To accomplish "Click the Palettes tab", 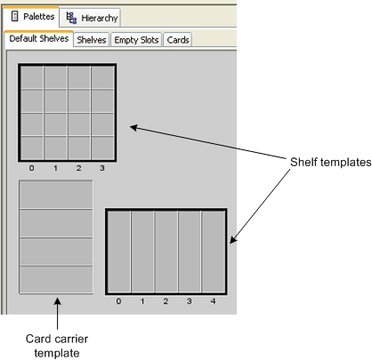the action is [x=32, y=17].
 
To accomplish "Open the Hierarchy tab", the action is [x=90, y=18].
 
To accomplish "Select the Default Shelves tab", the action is [x=39, y=39].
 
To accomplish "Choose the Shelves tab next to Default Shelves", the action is [x=92, y=40].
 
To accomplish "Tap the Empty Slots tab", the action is [x=136, y=40].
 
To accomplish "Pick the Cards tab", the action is [x=178, y=40].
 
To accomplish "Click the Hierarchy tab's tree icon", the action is [x=71, y=18].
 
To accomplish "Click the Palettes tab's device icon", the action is [x=14, y=16].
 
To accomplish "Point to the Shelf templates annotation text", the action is [x=330, y=162].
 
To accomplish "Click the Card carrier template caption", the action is [x=57, y=346].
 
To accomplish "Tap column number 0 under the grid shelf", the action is [x=31, y=168].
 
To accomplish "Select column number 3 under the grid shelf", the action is [x=102, y=168].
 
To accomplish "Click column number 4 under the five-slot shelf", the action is [x=213, y=301].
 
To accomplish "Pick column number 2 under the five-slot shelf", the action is [x=166, y=301].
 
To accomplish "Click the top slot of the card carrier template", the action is [x=56, y=195].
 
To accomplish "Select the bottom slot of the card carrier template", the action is [x=56, y=279].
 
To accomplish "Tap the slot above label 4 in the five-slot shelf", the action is [x=214, y=252].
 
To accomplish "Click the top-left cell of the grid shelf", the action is [x=32, y=77].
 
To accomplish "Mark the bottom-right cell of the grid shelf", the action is [x=102, y=148].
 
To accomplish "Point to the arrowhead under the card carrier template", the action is [x=57, y=301].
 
